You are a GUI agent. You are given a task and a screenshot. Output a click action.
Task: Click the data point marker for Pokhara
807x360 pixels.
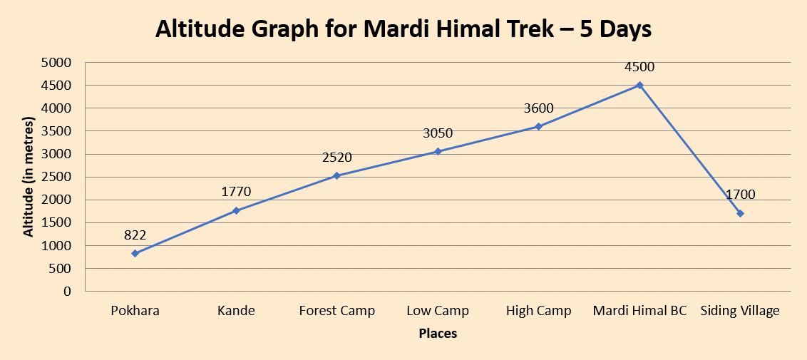(x=135, y=253)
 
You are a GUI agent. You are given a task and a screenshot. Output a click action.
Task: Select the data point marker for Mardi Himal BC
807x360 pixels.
(x=639, y=85)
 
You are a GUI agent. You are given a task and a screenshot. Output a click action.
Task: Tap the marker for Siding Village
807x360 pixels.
(x=740, y=213)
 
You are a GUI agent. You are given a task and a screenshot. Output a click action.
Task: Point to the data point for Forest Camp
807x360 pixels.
(x=336, y=175)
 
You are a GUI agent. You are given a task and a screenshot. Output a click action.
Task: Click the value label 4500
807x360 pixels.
(x=639, y=67)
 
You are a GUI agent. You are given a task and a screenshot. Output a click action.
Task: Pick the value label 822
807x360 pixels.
(x=135, y=236)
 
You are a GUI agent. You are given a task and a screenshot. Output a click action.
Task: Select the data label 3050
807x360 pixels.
(x=438, y=133)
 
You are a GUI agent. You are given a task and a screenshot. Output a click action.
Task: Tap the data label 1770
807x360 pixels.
(x=236, y=192)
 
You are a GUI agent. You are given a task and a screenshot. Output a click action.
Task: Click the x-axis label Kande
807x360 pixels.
(x=236, y=311)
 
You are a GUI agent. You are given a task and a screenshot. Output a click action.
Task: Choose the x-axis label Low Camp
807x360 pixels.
(x=438, y=311)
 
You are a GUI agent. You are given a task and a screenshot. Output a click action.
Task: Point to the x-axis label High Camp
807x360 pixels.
(x=538, y=311)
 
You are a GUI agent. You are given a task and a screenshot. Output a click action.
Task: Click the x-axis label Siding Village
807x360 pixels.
(x=740, y=311)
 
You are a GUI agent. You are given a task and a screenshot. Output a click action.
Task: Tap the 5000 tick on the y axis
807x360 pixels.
(x=58, y=63)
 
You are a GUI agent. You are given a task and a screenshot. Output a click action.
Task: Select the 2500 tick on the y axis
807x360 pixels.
(x=58, y=177)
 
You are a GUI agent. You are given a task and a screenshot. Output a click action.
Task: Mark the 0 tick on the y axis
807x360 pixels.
(x=68, y=292)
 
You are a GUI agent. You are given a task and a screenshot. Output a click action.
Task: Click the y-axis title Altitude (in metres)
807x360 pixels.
(x=29, y=177)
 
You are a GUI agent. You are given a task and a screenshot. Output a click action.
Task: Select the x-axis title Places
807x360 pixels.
(x=438, y=333)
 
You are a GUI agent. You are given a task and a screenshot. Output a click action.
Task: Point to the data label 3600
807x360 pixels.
(x=538, y=108)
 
